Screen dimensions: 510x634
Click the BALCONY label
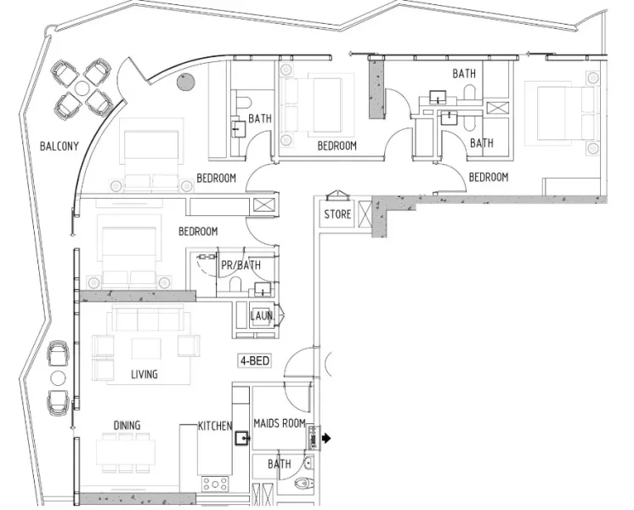(59, 146)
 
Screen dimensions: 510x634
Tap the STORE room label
(337, 215)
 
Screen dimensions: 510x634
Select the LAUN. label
(262, 316)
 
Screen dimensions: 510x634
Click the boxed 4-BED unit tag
(254, 361)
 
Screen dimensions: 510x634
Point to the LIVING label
(144, 374)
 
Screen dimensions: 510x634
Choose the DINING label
(127, 425)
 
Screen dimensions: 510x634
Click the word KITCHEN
(215, 425)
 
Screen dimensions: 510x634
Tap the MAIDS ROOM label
(280, 422)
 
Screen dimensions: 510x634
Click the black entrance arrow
(325, 439)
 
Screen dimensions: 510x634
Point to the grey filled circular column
(184, 82)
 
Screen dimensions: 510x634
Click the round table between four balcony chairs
(82, 88)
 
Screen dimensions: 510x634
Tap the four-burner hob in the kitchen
(212, 484)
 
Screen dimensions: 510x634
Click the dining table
(125, 450)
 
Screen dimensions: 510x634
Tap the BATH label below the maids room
(279, 464)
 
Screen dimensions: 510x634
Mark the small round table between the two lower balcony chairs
(58, 377)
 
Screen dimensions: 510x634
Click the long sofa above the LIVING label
(144, 320)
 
